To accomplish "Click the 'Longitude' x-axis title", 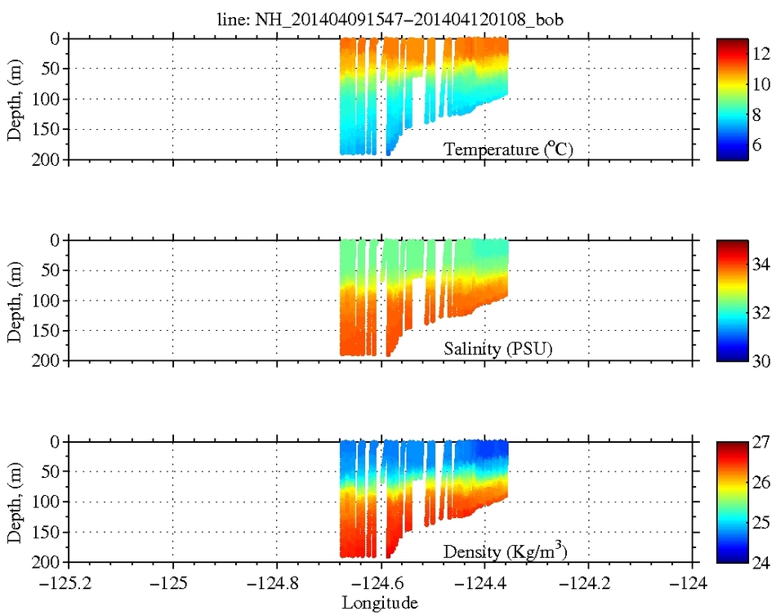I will (380, 604).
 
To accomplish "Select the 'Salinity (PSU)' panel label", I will (498, 350).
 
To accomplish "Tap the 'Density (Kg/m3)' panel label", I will (505, 551).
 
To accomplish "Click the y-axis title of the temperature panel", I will (14, 99).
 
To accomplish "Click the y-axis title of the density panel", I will (14, 502).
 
